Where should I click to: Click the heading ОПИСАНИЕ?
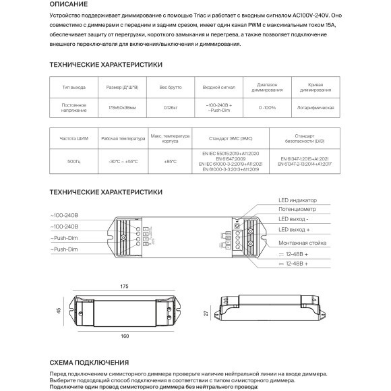pos(68,4)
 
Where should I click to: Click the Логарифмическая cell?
pos(315,107)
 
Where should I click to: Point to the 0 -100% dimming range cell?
pos(267,107)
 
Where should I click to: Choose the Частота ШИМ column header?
pos(74,138)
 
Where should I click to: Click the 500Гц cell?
pos(74,162)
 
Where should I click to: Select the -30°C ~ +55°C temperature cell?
pos(123,162)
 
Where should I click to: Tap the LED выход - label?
pos(295,220)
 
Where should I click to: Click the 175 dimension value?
pos(124,287)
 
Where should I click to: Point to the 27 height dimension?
pos(204,313)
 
